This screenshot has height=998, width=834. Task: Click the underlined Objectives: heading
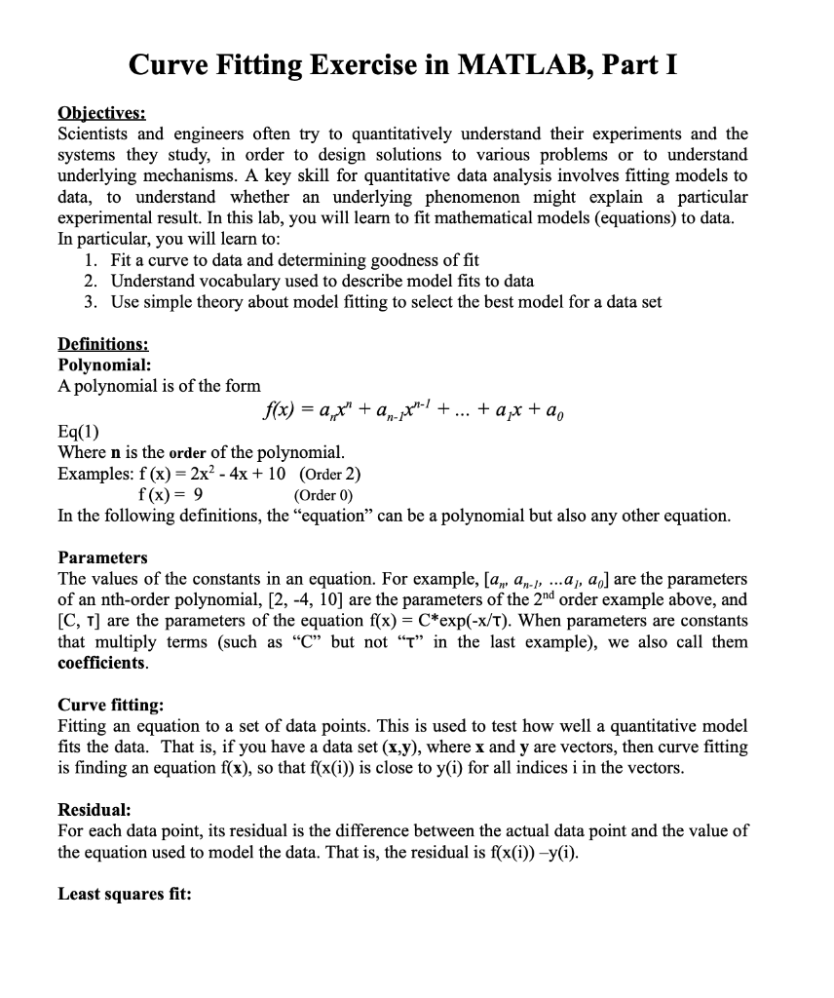101,113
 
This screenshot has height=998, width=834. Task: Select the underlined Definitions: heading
103,344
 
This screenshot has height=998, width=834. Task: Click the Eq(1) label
79,432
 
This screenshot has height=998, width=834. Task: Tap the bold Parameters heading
102,557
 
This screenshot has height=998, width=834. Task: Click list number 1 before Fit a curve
91,260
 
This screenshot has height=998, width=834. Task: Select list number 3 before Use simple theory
91,302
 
